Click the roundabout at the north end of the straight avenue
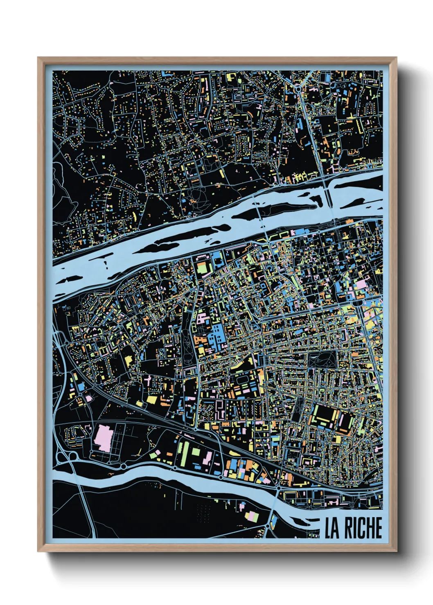tap(298, 87)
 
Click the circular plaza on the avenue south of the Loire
tap(359, 303)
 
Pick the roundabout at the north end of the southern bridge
tap(279, 488)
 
